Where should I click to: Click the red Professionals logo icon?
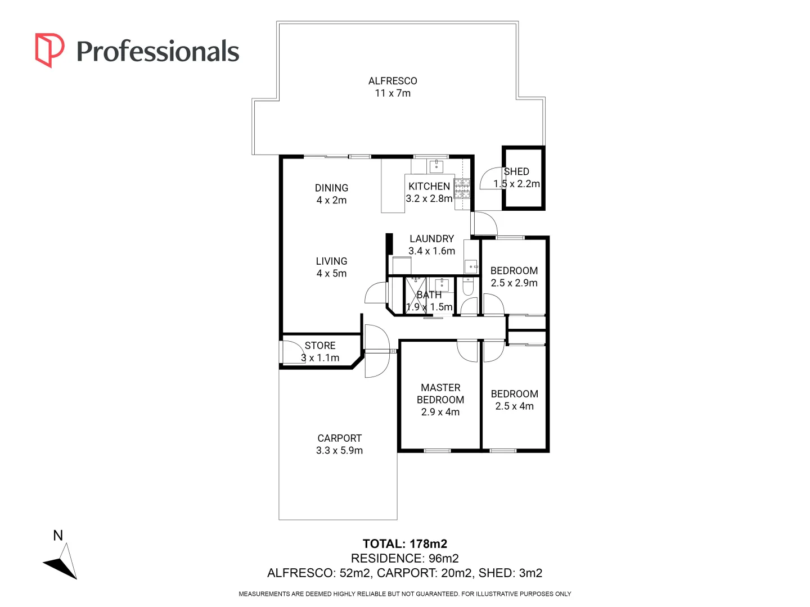coord(49,50)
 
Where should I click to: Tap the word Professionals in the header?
coord(157,52)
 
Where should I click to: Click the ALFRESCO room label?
coord(393,81)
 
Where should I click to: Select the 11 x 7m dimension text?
coord(393,93)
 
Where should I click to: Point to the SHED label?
coord(516,171)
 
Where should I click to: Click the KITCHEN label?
coord(429,186)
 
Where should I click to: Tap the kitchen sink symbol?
coord(436,166)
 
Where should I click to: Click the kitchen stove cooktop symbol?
coord(462,188)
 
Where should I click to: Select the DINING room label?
coord(331,188)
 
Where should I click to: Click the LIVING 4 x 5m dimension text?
coord(331,274)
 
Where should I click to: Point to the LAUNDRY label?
coord(431,239)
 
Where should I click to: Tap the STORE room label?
coord(320,346)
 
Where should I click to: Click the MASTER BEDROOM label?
coord(440,393)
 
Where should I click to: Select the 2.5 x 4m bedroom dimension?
coord(514,406)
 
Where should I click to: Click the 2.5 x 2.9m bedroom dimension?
coord(514,283)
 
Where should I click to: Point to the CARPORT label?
coord(339,438)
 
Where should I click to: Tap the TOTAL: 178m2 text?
coord(405,543)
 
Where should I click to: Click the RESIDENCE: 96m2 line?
coord(405,558)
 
